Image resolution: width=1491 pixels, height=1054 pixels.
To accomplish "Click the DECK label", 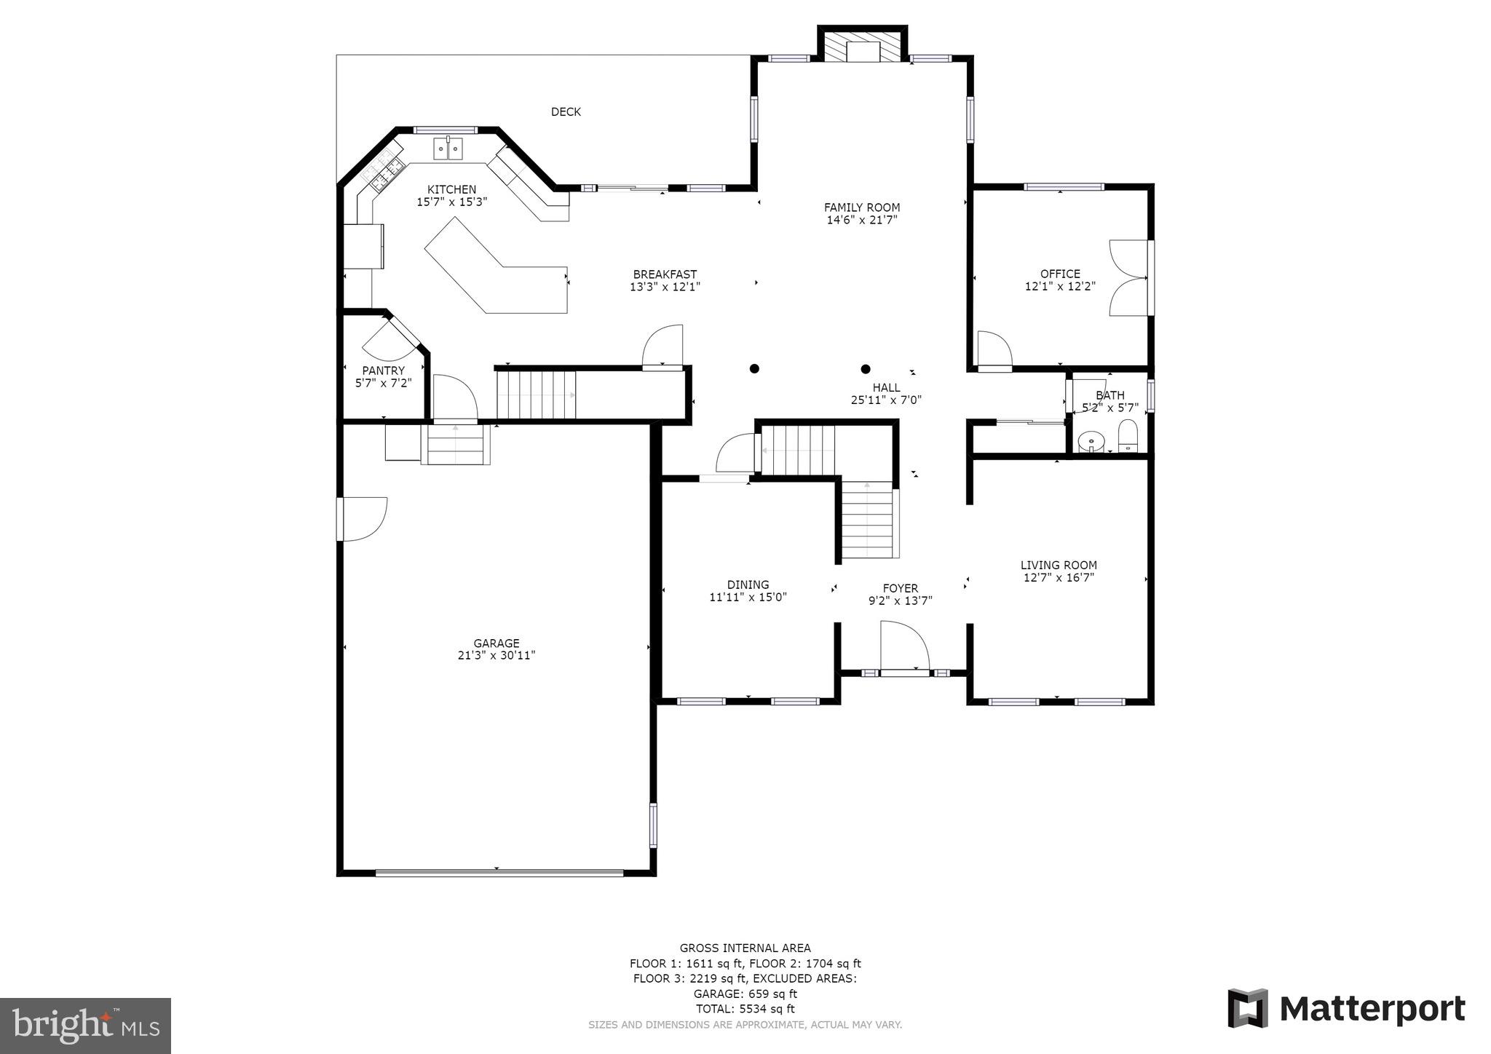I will pos(566,111).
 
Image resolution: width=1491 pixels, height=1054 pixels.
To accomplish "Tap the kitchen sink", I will pos(448,148).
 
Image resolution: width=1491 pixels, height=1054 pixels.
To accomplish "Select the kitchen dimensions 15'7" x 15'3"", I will pos(451,202).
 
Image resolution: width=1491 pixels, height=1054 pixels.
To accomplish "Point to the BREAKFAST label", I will pos(665,274).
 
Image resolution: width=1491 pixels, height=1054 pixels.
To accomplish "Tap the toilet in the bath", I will pos(1128,436).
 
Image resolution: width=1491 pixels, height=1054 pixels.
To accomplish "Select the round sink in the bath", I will pos(1091,440).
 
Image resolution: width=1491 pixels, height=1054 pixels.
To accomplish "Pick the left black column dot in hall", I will pos(755,368).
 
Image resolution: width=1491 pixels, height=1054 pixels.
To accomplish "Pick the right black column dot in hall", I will pos(866,369).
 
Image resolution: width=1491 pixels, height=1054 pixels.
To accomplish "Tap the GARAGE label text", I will pos(497,643).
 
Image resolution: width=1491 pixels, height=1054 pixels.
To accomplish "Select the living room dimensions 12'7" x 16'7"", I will pos(1059,578).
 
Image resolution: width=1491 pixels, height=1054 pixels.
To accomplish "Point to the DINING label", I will pos(748,585).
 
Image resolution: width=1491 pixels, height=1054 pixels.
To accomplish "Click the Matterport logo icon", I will pos(1248,1009).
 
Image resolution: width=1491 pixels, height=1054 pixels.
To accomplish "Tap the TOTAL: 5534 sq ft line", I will pos(745,1009).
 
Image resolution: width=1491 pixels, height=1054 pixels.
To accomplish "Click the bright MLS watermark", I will pos(85,1026).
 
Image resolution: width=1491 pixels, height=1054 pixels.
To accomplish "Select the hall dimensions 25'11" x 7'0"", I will pos(886,400).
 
